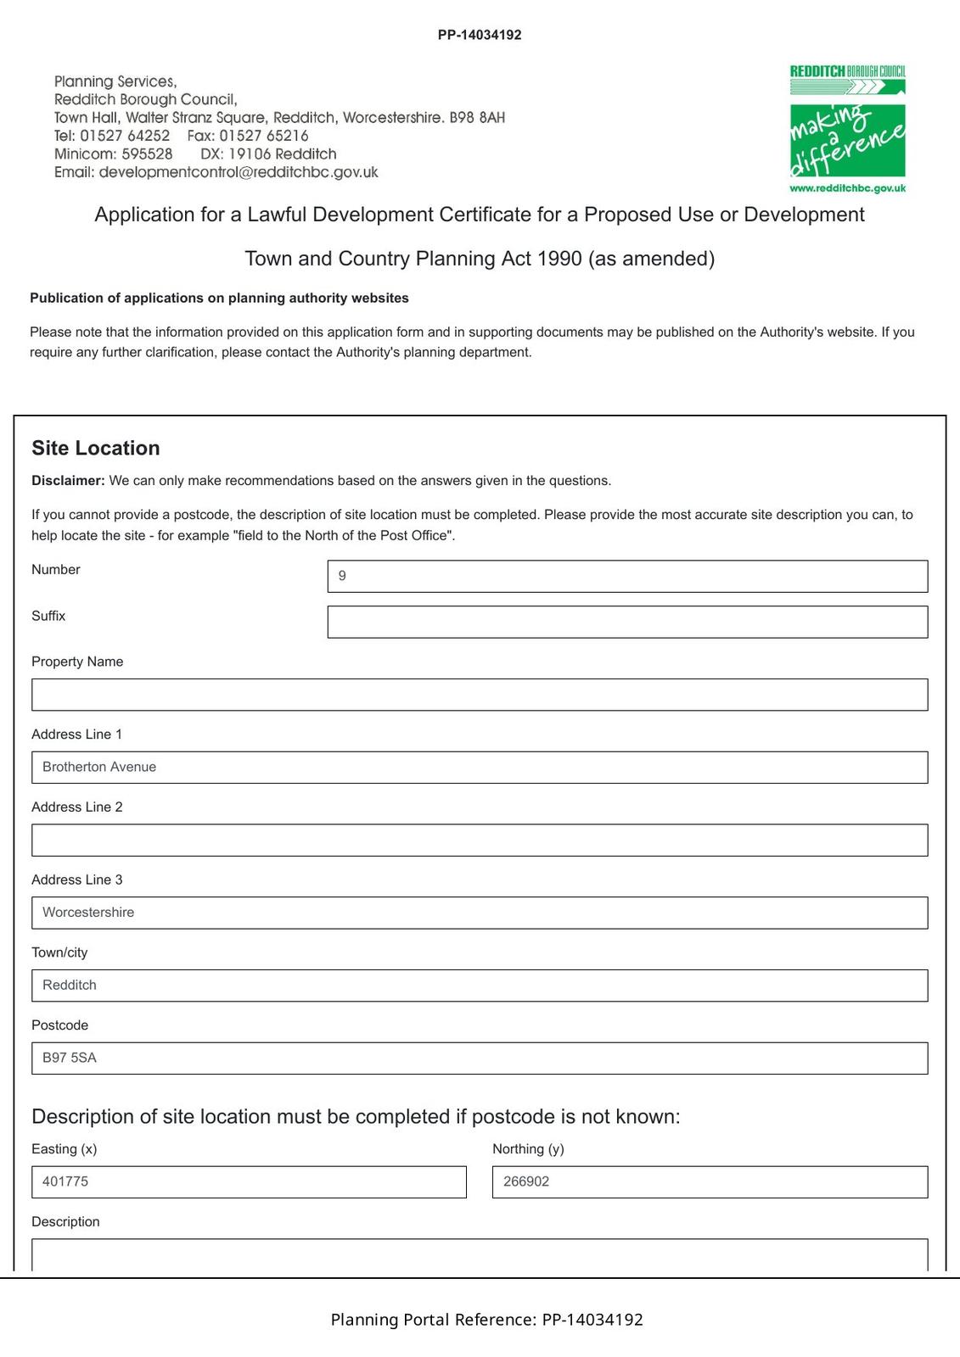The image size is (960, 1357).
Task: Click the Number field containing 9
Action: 627,576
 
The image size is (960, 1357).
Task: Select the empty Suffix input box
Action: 627,622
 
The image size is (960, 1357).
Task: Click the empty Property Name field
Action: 480,695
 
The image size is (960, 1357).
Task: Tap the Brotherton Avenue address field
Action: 480,768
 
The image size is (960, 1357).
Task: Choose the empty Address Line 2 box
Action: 480,840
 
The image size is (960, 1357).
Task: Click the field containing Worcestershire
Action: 480,913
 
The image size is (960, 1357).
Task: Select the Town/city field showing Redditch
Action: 480,986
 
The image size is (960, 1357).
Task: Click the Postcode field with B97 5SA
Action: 480,1058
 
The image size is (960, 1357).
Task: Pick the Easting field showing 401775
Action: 249,1182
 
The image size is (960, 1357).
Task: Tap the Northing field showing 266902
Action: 710,1182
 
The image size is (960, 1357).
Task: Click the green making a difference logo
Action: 847,140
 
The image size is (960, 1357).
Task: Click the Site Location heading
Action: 96,448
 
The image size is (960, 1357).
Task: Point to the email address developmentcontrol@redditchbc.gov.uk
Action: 239,172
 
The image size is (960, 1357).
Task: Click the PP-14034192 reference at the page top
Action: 480,35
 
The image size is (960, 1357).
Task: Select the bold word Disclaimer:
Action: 68,481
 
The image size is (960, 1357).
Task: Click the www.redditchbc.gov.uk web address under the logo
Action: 847,188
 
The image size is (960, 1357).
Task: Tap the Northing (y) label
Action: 528,1149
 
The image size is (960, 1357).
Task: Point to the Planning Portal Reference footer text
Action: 486,1320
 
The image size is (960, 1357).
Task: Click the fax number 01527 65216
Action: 264,136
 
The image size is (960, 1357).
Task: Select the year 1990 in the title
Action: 559,259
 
